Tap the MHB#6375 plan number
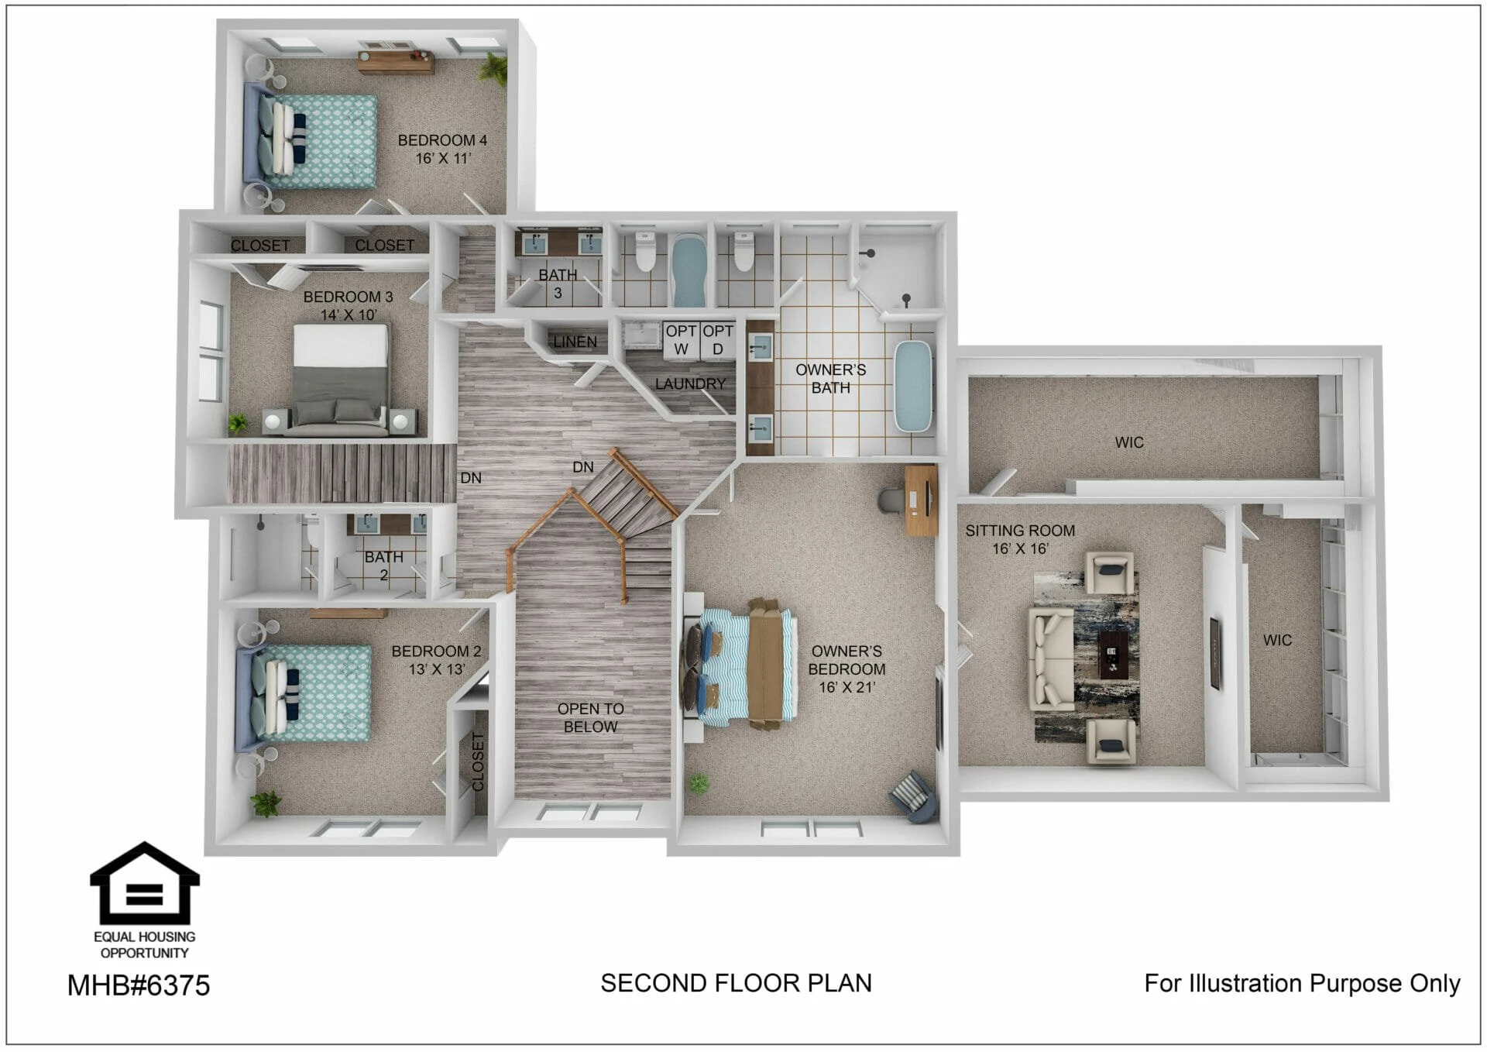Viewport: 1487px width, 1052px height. point(139,985)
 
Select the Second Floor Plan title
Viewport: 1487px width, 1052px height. point(736,983)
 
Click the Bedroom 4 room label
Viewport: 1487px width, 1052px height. point(442,140)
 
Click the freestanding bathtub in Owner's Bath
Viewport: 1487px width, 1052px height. point(913,386)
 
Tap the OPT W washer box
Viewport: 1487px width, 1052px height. point(681,340)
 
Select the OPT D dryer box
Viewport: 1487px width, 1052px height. point(718,340)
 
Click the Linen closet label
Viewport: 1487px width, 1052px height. point(575,342)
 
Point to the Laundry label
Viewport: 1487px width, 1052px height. point(690,383)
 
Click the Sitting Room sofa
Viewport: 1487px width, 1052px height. point(1051,658)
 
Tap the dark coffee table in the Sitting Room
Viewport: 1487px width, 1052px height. point(1114,654)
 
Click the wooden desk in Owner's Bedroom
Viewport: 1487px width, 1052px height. point(921,500)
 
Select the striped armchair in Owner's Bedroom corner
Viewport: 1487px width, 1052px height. point(914,796)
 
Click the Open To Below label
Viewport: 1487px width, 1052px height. point(590,717)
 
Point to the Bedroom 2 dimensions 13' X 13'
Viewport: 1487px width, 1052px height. point(437,669)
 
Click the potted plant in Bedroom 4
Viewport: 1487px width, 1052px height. point(493,68)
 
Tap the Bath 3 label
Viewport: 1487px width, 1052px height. point(558,284)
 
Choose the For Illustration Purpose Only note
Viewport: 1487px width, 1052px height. point(1302,984)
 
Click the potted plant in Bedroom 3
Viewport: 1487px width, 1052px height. point(238,423)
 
